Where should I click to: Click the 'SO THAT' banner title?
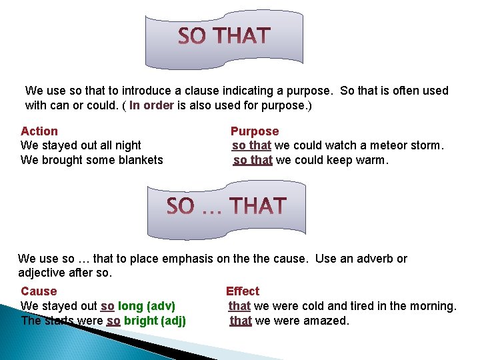224,36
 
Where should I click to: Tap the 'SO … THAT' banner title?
226,207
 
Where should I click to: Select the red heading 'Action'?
39,131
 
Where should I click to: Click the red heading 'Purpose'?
255,131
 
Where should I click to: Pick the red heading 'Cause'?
39,291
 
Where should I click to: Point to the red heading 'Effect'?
243,291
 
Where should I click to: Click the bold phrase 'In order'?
152,105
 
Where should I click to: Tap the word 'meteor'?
379,145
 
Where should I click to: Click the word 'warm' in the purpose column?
371,160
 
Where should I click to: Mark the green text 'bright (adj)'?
155,321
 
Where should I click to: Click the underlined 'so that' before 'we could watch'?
251,145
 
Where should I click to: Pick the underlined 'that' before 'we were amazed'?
240,321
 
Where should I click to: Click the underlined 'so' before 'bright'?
113,321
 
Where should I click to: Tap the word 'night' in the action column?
126,145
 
